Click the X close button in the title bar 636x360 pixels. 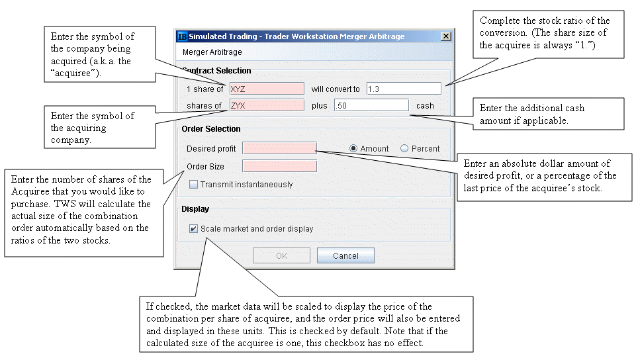click(446, 36)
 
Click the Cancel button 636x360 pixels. click(345, 255)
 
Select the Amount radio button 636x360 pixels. click(353, 148)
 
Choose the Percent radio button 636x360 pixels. click(404, 148)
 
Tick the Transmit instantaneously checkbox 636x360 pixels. click(193, 185)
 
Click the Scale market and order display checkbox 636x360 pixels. click(193, 229)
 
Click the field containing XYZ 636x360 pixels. click(267, 89)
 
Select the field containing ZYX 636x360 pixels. click(267, 105)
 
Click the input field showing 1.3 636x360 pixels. click(404, 89)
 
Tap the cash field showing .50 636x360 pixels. click(371, 105)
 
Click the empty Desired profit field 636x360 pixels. click(279, 148)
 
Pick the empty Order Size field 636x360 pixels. click(279, 166)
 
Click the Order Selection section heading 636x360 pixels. click(211, 129)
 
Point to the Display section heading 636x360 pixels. click(195, 209)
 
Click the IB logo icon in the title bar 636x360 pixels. click(182, 36)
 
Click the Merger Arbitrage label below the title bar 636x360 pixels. click(212, 52)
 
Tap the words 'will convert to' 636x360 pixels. click(336, 89)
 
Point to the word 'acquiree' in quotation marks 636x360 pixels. click(75, 73)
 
